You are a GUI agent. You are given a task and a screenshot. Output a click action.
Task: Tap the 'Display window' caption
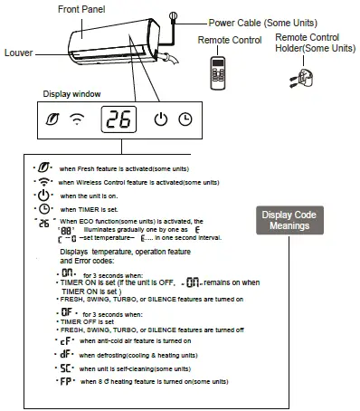72,93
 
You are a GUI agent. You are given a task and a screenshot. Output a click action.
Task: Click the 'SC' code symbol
62,369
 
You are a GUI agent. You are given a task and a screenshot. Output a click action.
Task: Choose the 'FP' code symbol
62,383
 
